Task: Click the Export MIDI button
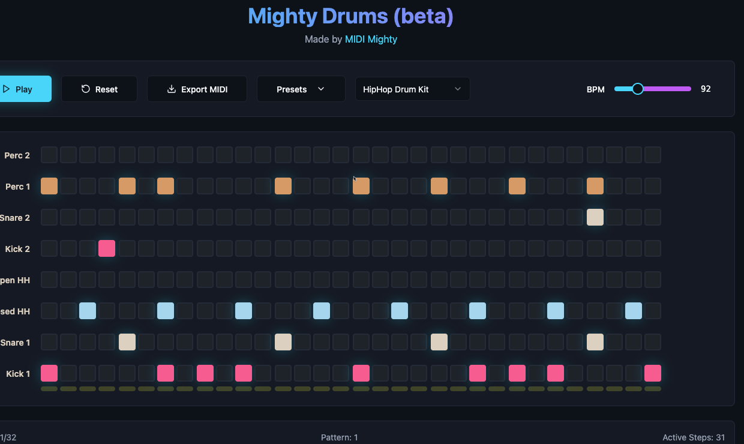(197, 89)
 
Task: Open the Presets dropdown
(301, 89)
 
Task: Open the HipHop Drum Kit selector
(412, 89)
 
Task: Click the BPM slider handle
(638, 89)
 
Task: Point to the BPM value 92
(706, 89)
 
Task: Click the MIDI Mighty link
(371, 39)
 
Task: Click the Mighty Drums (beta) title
(350, 16)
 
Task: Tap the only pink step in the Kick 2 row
(107, 248)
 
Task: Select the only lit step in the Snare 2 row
(595, 217)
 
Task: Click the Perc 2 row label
(17, 155)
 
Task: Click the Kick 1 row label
(18, 374)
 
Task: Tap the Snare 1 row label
(16, 343)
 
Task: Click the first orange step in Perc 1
(49, 186)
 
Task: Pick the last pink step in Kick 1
(653, 373)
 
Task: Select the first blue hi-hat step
(88, 311)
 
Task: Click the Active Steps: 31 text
(694, 437)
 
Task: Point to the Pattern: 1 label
(339, 437)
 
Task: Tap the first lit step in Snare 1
(127, 342)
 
